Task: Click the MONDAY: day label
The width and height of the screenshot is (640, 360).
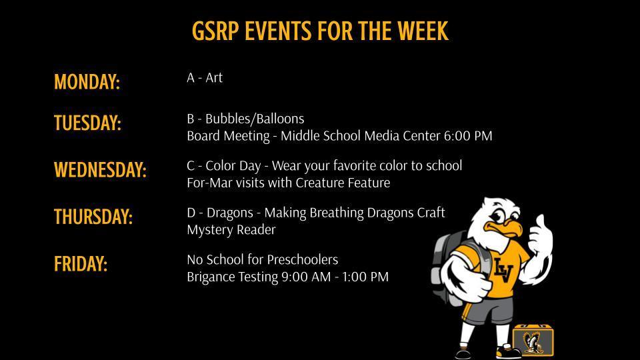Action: click(87, 82)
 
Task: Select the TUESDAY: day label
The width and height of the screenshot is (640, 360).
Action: click(87, 123)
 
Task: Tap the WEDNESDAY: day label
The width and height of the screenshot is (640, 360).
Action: click(100, 170)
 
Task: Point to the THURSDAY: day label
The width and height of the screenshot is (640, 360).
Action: click(93, 217)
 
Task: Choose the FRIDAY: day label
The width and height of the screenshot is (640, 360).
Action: click(81, 264)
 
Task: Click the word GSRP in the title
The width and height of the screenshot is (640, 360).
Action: click(215, 31)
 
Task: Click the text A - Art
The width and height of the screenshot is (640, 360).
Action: click(205, 78)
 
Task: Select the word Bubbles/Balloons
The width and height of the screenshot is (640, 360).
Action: click(255, 119)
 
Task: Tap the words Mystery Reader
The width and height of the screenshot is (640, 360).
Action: click(231, 230)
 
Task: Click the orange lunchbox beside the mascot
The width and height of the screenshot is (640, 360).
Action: click(533, 339)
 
